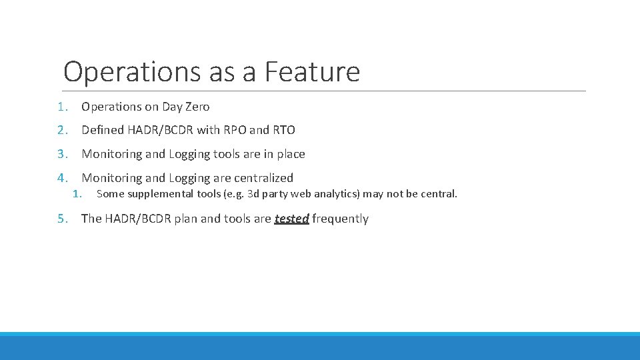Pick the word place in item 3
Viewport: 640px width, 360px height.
point(291,154)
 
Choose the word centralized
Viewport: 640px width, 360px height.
point(263,178)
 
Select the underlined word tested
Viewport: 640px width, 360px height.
point(291,219)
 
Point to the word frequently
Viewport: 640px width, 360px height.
point(340,219)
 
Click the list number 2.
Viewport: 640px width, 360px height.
point(61,130)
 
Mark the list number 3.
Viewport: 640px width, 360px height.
point(61,154)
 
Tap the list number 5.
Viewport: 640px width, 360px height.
point(61,219)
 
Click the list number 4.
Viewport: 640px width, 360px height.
point(61,178)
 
